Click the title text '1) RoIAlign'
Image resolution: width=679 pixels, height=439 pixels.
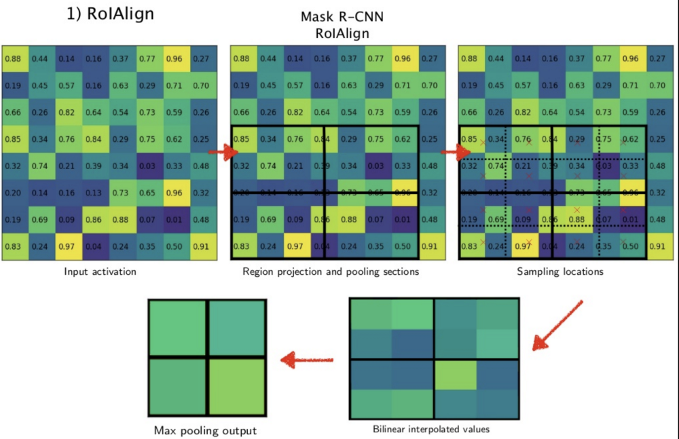click(110, 14)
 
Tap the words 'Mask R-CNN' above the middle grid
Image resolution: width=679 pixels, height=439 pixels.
click(337, 19)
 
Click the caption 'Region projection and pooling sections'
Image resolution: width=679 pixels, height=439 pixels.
click(331, 272)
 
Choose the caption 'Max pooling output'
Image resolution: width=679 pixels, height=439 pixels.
click(205, 430)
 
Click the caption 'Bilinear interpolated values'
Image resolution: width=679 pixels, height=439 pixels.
click(431, 429)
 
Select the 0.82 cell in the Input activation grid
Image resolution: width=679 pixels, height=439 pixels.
click(68, 113)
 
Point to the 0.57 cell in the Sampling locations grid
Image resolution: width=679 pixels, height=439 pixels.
click(524, 86)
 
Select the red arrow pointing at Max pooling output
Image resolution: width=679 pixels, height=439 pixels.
click(308, 359)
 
